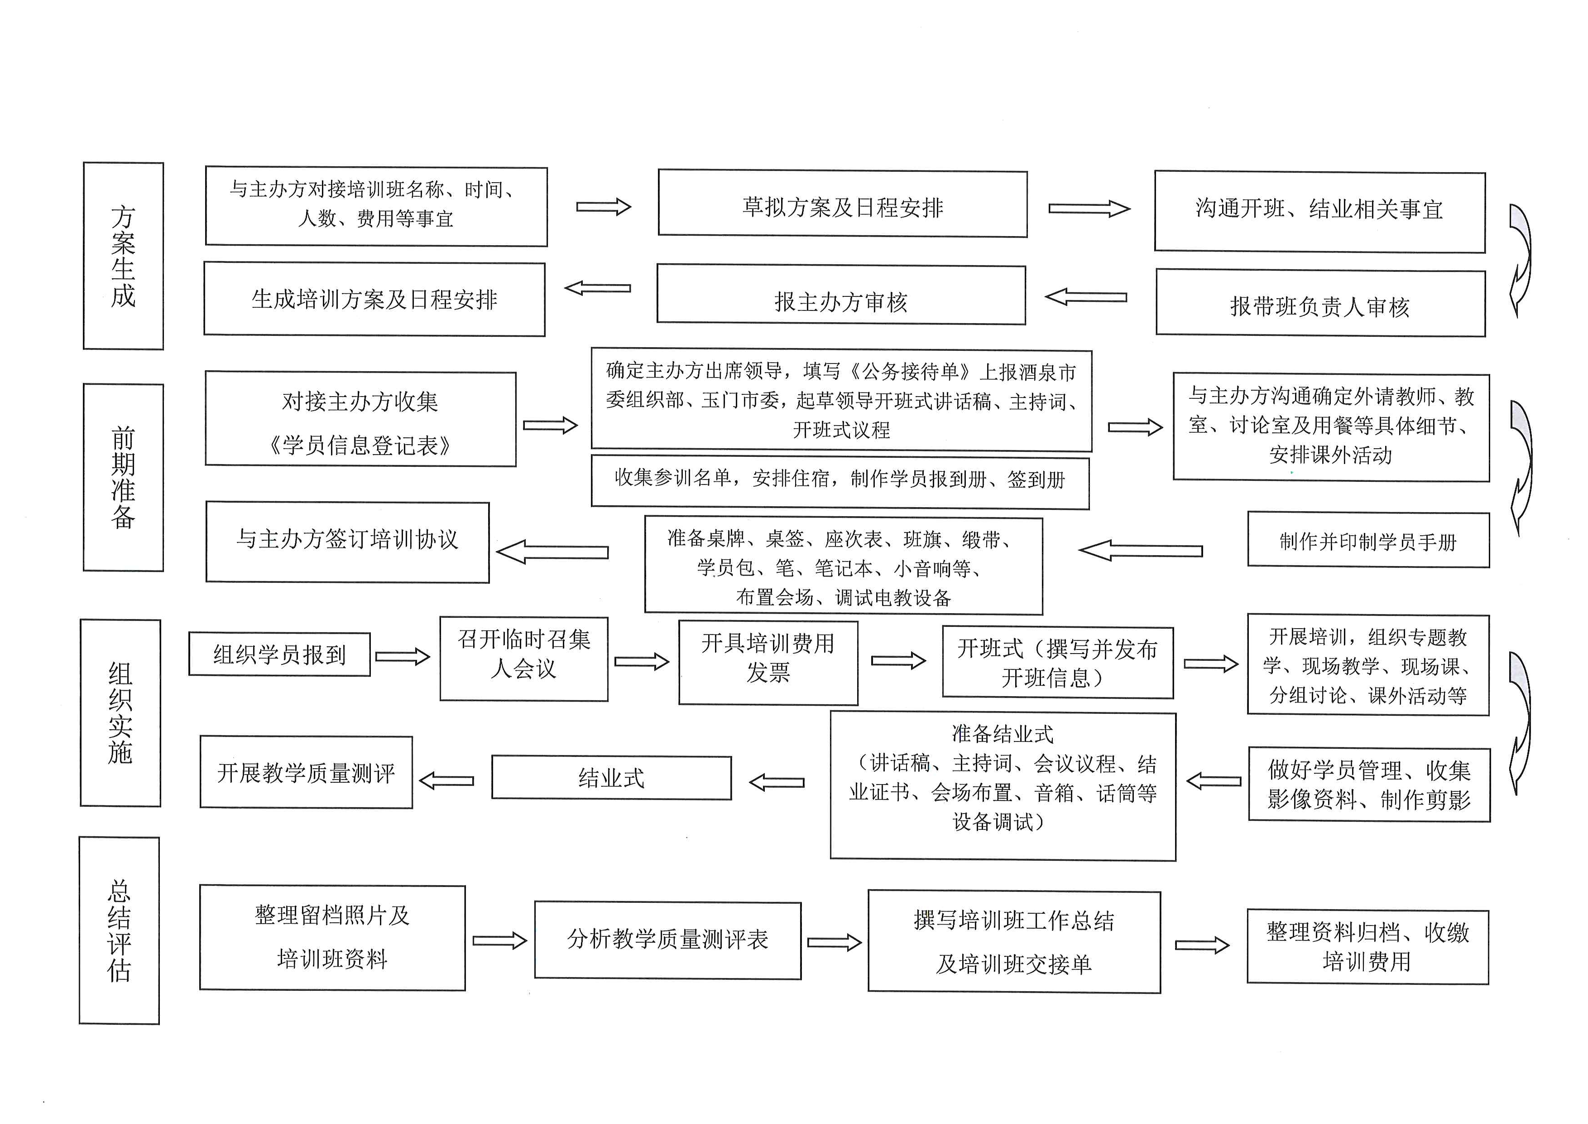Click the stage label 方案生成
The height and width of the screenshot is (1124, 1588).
pyautogui.click(x=123, y=256)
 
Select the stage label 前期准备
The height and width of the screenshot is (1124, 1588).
pyautogui.click(x=123, y=478)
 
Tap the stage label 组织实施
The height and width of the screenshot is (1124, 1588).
pyautogui.click(x=120, y=713)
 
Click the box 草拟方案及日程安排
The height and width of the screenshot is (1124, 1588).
pyautogui.click(x=842, y=204)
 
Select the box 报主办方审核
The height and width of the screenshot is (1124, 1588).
pyautogui.click(x=841, y=294)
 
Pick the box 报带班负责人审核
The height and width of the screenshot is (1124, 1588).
pyautogui.click(x=1320, y=303)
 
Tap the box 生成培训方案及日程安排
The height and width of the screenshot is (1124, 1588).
pyautogui.click(x=374, y=299)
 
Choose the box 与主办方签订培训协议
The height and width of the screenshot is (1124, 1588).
pyautogui.click(x=348, y=542)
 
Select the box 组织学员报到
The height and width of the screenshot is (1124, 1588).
pyautogui.click(x=279, y=654)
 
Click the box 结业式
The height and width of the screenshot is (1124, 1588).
pyautogui.click(x=611, y=778)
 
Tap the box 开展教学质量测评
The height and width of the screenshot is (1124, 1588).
pyautogui.click(x=307, y=772)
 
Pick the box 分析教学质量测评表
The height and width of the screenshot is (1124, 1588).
pyautogui.click(x=668, y=940)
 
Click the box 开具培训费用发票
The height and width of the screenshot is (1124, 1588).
pyautogui.click(x=768, y=662)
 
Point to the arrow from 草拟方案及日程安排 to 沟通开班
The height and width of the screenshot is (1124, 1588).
pyautogui.click(x=1089, y=208)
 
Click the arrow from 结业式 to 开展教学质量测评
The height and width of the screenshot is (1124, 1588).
pyautogui.click(x=447, y=781)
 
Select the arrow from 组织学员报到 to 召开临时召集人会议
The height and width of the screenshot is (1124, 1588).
pyautogui.click(x=403, y=656)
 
